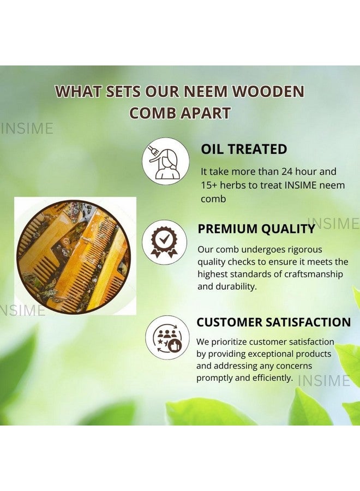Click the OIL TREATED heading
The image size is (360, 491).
click(244, 149)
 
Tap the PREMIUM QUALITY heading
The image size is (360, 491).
click(256, 229)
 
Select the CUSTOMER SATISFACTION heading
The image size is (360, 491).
click(273, 322)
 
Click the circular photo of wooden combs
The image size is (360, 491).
click(73, 256)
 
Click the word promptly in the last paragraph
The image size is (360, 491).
click(215, 378)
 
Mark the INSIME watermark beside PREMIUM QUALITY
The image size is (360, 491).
click(334, 224)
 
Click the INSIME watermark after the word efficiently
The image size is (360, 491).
click(324, 380)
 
